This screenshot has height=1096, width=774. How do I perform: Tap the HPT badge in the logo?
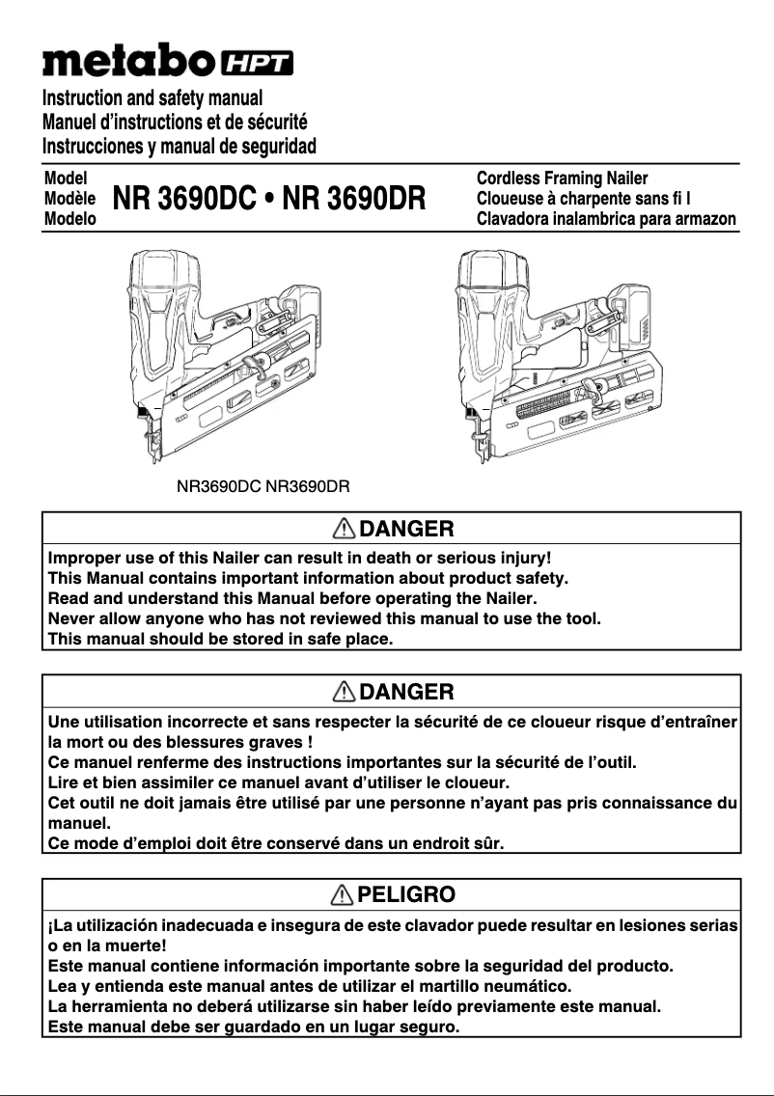[x=258, y=64]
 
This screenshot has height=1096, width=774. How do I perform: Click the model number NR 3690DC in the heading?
[x=182, y=200]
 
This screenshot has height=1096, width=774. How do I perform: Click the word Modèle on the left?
[x=69, y=199]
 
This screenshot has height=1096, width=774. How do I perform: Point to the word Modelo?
[x=69, y=219]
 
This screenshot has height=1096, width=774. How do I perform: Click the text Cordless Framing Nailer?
[x=562, y=178]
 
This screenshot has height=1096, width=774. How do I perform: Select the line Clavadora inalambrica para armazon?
[x=606, y=219]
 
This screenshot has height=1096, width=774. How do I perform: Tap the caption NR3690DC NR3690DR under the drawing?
[x=262, y=486]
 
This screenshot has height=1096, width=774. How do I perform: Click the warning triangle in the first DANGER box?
[x=343, y=529]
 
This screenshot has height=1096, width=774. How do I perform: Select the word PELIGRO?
[x=405, y=894]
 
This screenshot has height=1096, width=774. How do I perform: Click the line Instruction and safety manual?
[x=152, y=98]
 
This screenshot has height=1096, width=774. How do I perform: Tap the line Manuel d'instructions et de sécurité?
[x=175, y=123]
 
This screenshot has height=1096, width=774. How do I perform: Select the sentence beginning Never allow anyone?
[x=324, y=618]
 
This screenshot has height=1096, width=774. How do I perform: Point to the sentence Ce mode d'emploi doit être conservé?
[x=276, y=843]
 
